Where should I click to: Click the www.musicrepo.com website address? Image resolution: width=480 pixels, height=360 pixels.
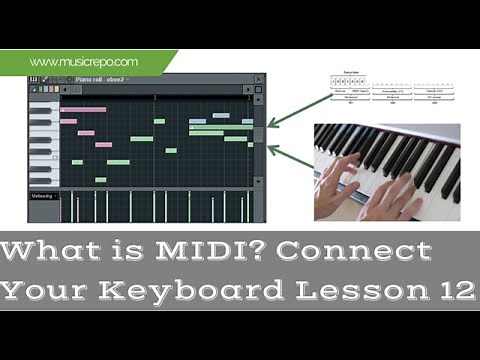[84, 62]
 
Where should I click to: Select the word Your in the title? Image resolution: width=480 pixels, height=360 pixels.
[49, 290]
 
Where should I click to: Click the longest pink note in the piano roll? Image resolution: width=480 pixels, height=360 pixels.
[84, 109]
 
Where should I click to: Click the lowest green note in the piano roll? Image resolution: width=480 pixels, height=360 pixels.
[100, 180]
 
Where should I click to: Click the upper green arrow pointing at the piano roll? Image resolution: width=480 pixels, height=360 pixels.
[295, 111]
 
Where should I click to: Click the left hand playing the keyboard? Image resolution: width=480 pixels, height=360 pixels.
[345, 180]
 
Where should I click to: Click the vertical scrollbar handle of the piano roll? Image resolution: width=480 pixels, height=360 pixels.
[259, 134]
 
